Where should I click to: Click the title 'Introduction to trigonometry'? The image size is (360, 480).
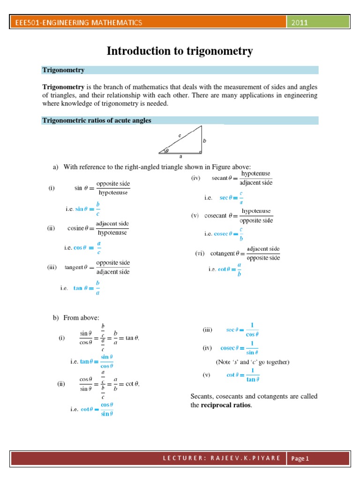click(180, 51)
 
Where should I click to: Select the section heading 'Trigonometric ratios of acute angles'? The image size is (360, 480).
click(97, 120)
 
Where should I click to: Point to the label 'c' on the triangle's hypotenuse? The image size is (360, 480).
click(180, 135)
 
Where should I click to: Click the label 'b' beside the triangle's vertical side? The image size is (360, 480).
click(204, 140)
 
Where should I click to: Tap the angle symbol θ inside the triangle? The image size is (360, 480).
click(166, 150)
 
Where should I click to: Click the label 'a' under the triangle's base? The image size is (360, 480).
click(180, 157)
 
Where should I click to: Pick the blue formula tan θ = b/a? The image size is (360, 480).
click(87, 288)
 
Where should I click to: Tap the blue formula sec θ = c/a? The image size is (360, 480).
click(232, 198)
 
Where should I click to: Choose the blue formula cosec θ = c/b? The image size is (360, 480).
click(228, 233)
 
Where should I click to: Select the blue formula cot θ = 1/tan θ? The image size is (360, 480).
click(243, 375)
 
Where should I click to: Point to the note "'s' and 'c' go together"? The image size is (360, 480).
click(252, 362)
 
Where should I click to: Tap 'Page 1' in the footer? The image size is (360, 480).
click(300, 458)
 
